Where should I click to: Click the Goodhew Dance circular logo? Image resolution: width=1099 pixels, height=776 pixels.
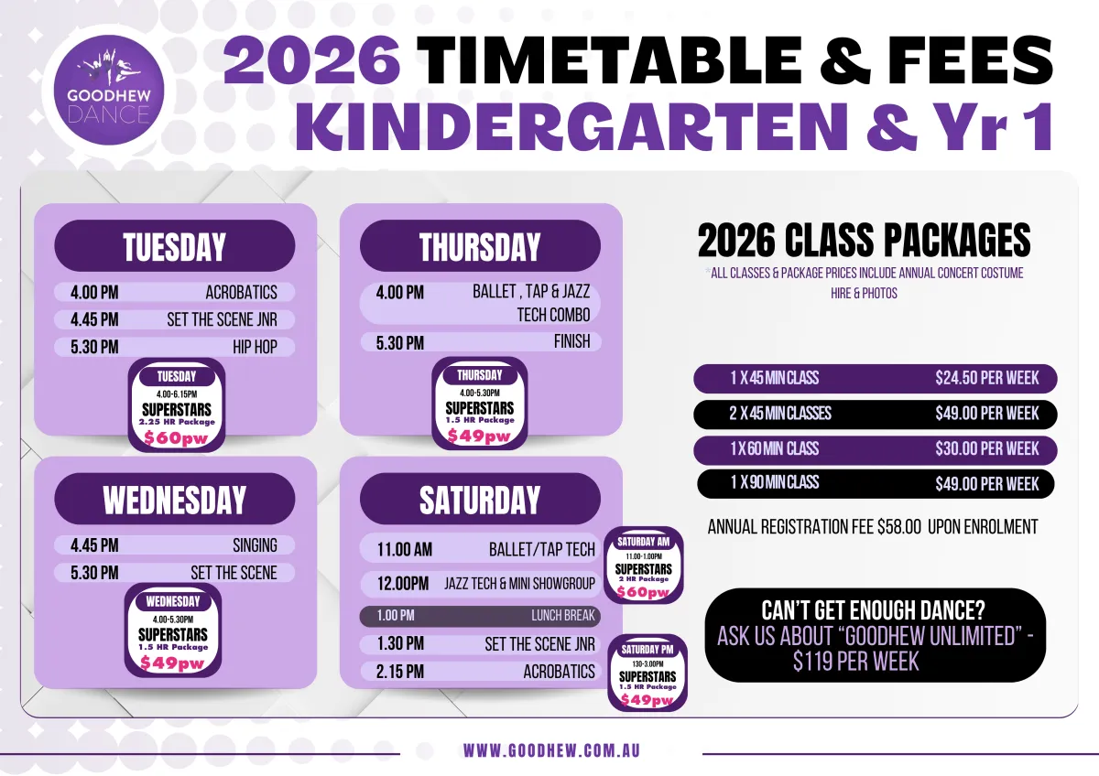[108, 90]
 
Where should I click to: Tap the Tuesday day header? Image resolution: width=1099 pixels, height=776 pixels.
[175, 246]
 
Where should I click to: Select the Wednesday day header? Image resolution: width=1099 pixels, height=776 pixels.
[175, 499]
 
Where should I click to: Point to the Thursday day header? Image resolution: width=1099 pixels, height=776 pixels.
[480, 246]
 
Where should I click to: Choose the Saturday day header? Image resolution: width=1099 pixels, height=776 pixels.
[480, 499]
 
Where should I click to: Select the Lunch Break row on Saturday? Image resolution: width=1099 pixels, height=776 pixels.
[480, 616]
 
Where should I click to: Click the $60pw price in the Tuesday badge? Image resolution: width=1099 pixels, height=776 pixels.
[176, 437]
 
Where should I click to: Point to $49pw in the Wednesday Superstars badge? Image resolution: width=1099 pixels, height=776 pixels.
[172, 663]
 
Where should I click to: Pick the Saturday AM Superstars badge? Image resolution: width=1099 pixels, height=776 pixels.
[643, 566]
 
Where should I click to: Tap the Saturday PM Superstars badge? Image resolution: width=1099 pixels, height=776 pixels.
[647, 673]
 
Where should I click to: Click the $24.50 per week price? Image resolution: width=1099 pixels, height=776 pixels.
[986, 379]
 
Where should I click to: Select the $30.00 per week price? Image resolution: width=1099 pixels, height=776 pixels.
[986, 449]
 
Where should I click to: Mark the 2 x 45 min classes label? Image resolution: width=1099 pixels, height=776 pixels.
[780, 414]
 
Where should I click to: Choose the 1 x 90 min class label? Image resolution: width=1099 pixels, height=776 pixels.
[775, 483]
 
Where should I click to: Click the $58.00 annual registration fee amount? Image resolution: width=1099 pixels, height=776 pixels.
[899, 527]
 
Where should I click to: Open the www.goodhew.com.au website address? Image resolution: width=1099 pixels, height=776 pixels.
[551, 751]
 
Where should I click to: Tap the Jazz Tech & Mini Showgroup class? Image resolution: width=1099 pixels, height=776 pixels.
[519, 584]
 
